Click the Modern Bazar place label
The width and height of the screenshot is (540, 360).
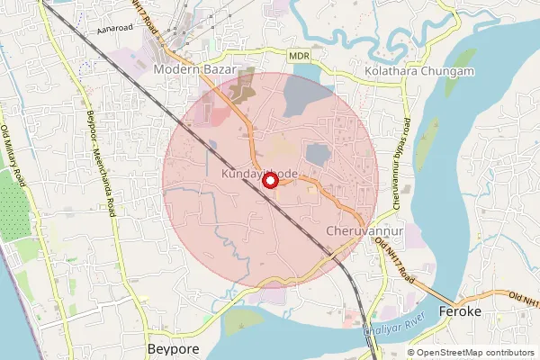pyautogui.click(x=194, y=69)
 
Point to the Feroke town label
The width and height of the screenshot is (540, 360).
pyautogui.click(x=460, y=311)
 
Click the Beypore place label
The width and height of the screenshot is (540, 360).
pyautogui.click(x=172, y=346)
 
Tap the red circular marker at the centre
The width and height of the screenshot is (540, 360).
pyautogui.click(x=269, y=181)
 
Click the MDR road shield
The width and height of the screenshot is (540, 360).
pyautogui.click(x=300, y=56)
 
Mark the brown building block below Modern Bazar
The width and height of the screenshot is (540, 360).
pyautogui.click(x=242, y=88)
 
